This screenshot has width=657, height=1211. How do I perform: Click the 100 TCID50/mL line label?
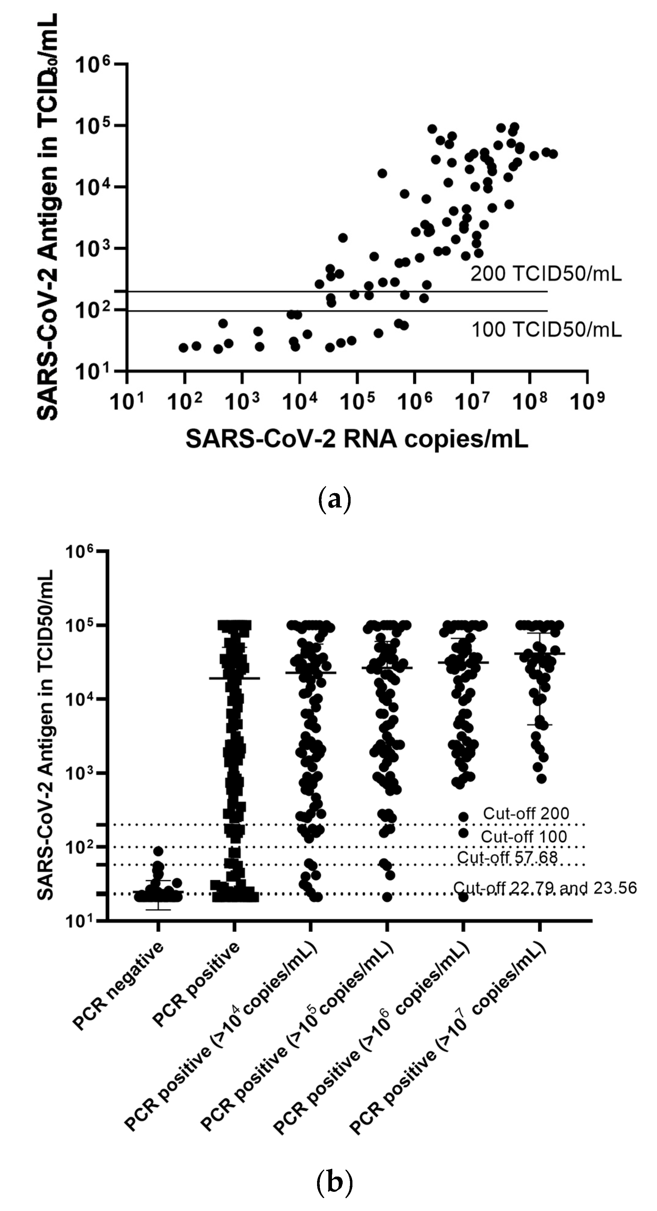(x=546, y=330)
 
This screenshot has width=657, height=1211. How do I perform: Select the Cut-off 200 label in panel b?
(x=526, y=813)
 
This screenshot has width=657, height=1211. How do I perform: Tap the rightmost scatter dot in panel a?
(x=553, y=154)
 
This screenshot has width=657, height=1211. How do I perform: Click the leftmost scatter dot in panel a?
(x=184, y=348)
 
